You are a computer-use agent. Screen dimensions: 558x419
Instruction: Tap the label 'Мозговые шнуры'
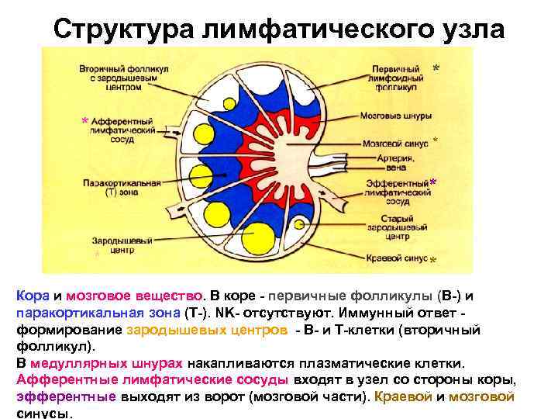(391, 117)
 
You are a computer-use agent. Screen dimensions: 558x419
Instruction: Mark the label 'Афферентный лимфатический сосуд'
(121, 132)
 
